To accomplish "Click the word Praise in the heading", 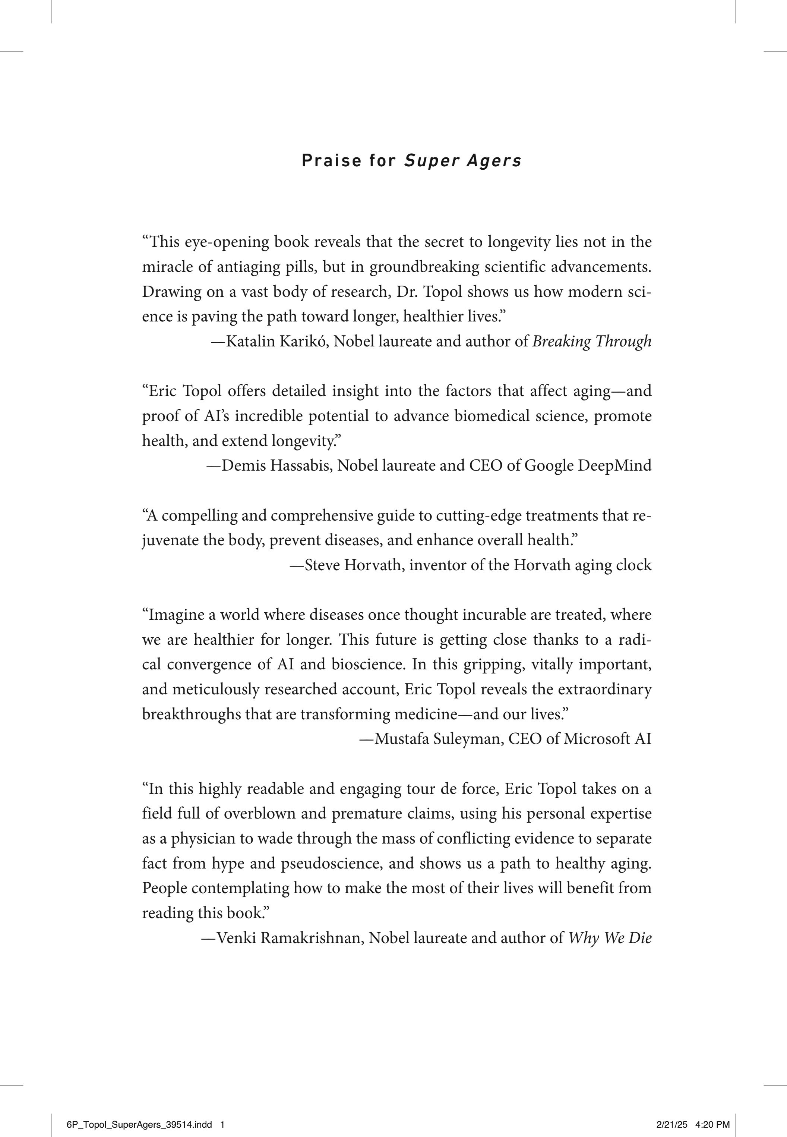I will click(331, 161).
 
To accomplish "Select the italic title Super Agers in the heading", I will click(462, 161).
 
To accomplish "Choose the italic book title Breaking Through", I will click(592, 342).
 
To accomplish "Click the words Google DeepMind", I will click(588, 465).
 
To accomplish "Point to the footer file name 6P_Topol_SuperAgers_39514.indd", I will click(139, 1111).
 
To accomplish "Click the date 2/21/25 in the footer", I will click(671, 1111).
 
